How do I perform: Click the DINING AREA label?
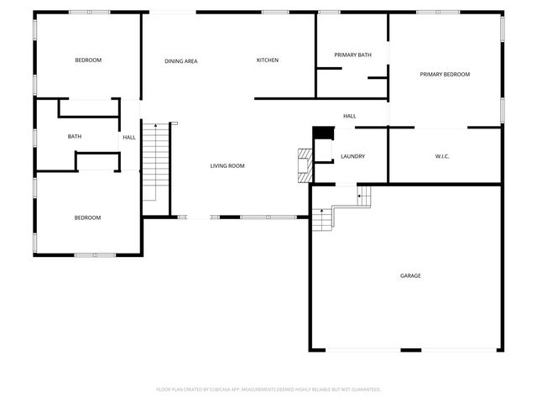180,61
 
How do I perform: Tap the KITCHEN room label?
268,60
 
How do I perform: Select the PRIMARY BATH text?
352,55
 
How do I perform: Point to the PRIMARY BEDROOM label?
445,75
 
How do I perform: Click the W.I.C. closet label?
443,156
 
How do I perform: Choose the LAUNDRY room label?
352,156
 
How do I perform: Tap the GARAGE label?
410,275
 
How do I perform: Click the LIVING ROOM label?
227,166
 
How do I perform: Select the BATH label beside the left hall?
75,137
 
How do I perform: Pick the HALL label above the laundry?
350,116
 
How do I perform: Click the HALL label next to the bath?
129,138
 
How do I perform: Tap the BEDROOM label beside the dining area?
88,60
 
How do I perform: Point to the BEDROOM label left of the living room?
87,218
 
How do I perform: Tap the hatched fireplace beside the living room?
305,164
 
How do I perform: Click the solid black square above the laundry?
323,133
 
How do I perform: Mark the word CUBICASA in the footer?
228,390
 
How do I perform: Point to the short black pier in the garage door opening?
410,349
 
